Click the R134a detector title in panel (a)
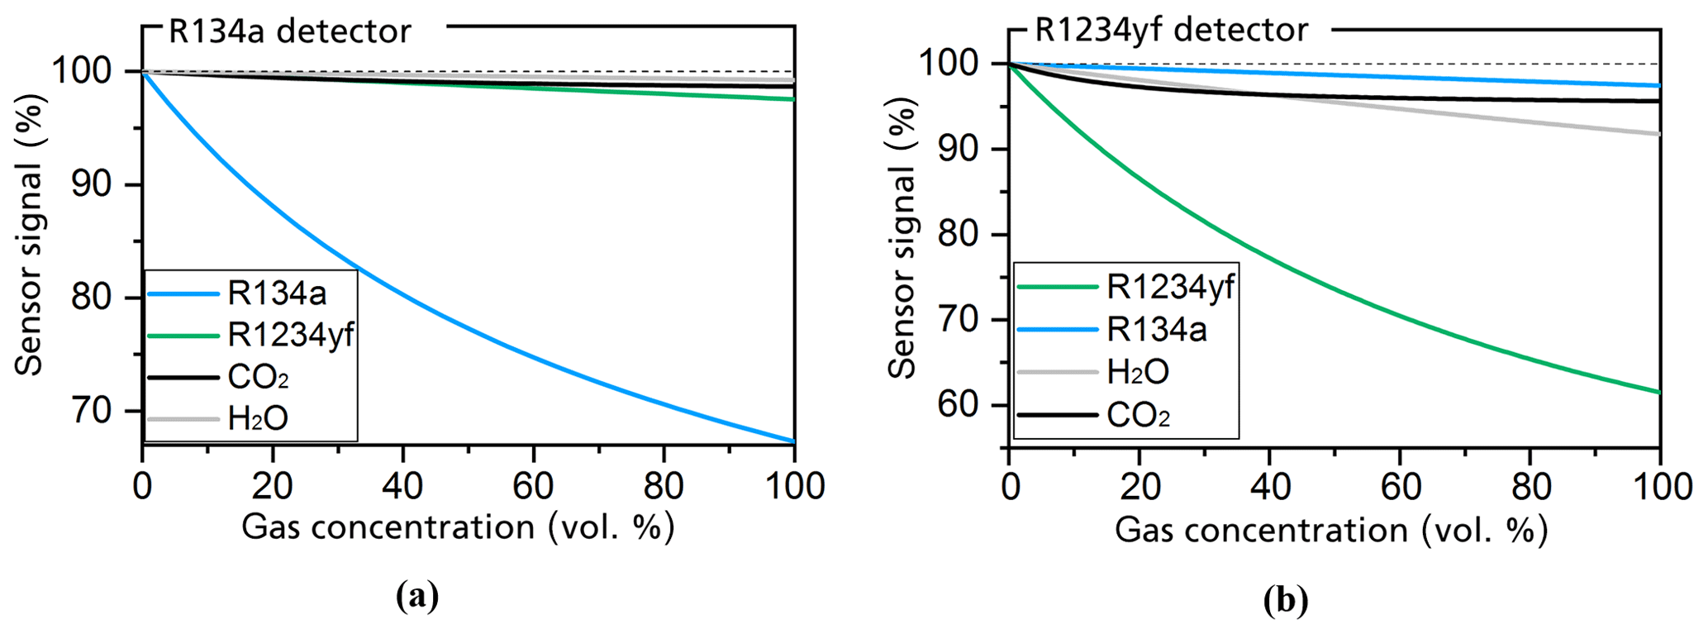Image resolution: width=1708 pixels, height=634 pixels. tap(289, 31)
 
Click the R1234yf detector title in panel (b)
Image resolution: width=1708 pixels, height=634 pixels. tap(1171, 31)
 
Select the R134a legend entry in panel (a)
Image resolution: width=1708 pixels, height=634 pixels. tap(276, 293)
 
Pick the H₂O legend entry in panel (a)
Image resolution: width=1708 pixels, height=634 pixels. tap(257, 418)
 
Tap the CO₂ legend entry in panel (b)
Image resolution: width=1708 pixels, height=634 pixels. tap(1138, 415)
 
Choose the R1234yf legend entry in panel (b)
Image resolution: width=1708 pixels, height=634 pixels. tap(1170, 287)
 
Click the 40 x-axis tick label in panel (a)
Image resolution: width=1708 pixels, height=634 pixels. tap(402, 486)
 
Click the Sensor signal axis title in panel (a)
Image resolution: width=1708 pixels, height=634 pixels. tap(30, 235)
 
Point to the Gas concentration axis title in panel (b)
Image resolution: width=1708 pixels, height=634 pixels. tap(1330, 530)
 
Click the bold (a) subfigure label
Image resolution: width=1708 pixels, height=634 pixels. tap(416, 595)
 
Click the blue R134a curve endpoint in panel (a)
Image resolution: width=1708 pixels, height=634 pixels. tap(793, 441)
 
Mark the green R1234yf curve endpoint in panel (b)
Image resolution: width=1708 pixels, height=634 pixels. tap(1658, 392)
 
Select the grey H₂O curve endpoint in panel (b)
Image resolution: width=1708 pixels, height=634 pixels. tap(1658, 134)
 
